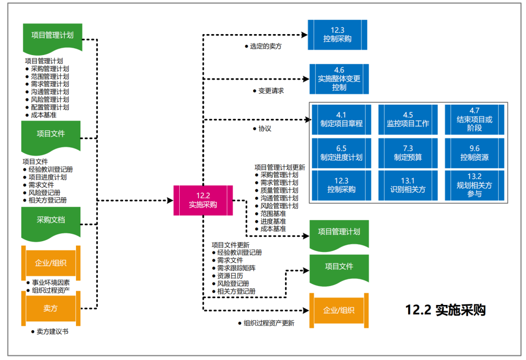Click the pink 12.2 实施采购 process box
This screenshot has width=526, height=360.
(x=203, y=200)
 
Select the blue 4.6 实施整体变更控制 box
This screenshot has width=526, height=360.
(x=339, y=79)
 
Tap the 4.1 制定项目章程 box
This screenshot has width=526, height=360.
(x=341, y=119)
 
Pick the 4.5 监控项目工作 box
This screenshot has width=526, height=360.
(x=408, y=119)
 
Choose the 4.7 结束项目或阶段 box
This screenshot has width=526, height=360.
(x=474, y=119)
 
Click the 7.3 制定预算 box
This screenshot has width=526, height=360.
(x=408, y=153)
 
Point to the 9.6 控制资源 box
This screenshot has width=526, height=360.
(x=474, y=153)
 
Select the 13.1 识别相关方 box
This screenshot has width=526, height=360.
(x=408, y=185)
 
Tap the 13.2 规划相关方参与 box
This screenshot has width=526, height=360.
(x=474, y=185)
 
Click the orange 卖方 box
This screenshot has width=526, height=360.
(x=51, y=308)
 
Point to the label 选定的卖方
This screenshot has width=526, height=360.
(x=265, y=46)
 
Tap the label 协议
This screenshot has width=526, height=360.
(x=265, y=129)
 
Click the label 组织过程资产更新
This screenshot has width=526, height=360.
(x=269, y=323)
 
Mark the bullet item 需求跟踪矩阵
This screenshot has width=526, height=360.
(x=236, y=268)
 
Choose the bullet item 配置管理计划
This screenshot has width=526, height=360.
(x=50, y=107)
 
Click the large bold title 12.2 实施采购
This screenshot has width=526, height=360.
(x=445, y=310)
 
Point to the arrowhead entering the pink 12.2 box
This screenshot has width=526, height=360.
(x=170, y=200)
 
